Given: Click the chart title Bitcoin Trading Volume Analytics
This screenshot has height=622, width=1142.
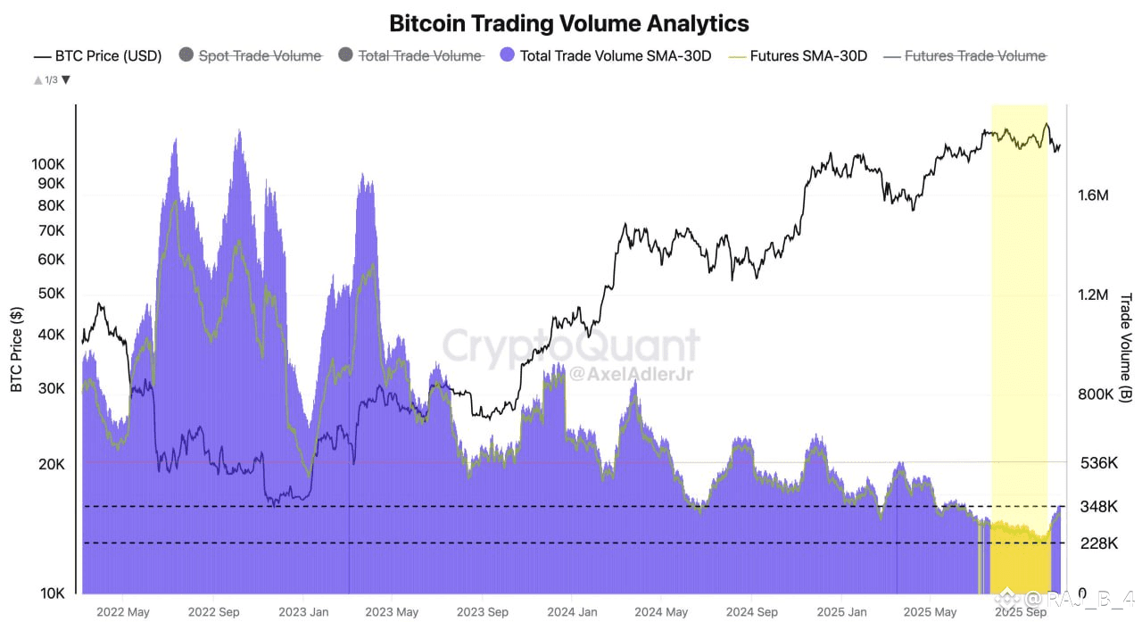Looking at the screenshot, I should point(570,22).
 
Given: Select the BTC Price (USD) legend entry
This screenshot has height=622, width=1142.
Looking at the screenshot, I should point(98,55).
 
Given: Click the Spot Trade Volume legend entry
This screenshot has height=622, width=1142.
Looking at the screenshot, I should point(259,55).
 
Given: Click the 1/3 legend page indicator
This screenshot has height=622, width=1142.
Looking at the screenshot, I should point(52,79).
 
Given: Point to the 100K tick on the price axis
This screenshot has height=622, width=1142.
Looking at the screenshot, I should point(48,164).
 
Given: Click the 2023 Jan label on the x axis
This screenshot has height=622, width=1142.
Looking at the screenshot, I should point(303,612).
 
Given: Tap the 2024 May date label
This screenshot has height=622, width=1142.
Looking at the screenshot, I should point(662,612).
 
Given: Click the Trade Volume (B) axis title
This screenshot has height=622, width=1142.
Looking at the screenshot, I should point(1125,348).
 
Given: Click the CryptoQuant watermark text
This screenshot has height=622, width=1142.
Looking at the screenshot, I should point(571,344).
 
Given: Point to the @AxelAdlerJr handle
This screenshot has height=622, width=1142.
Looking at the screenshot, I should point(631,374).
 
